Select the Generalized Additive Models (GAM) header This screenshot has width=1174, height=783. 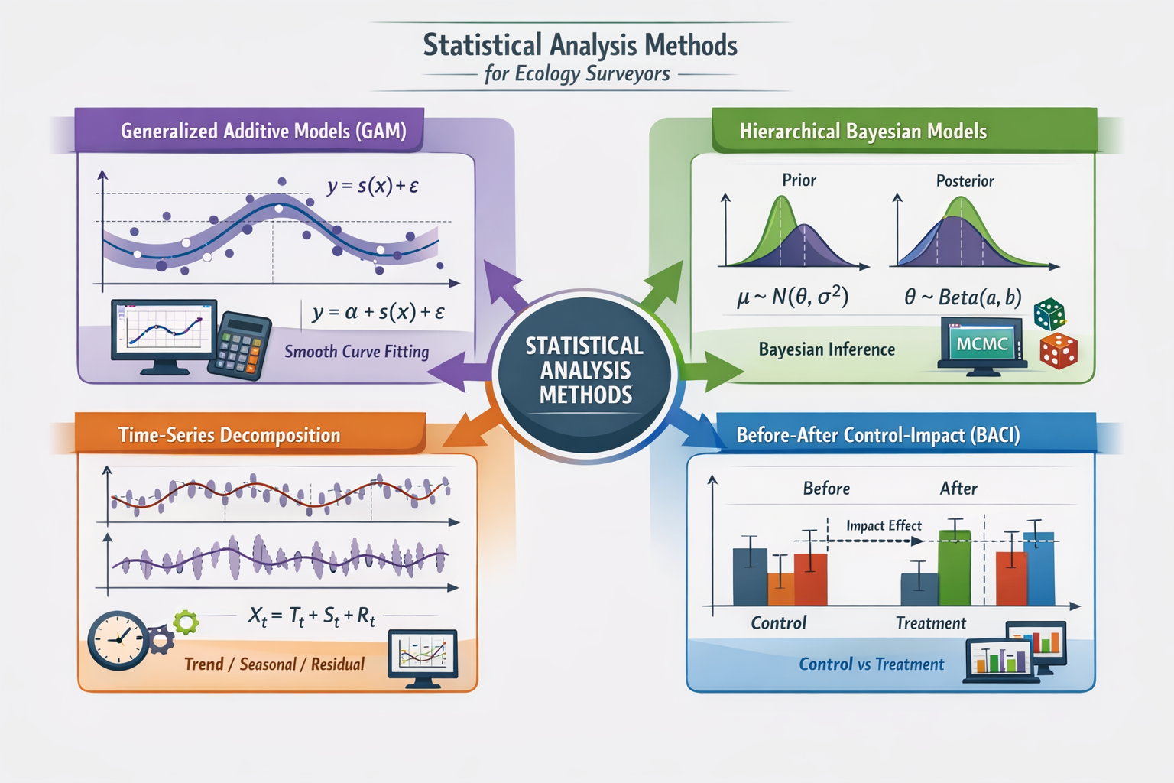tap(263, 131)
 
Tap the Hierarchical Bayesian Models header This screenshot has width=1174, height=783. tap(863, 132)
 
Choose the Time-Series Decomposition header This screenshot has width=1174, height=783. tap(229, 435)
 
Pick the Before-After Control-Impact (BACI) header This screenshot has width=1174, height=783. tap(877, 435)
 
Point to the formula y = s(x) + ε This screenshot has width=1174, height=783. tap(372, 186)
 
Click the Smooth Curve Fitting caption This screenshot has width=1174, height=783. tap(356, 352)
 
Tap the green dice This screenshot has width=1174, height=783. tap(1049, 314)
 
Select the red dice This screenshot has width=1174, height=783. tap(1058, 350)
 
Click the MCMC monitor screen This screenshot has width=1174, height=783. tap(981, 345)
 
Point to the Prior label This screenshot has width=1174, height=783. tap(799, 180)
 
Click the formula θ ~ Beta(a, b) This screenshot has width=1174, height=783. tap(962, 297)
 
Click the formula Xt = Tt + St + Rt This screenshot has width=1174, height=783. tap(311, 616)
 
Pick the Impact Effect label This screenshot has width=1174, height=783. tap(884, 526)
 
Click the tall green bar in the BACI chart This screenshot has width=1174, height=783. tap(954, 567)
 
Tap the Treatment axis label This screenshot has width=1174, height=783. tap(930, 623)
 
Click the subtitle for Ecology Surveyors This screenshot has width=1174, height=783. tap(577, 74)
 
